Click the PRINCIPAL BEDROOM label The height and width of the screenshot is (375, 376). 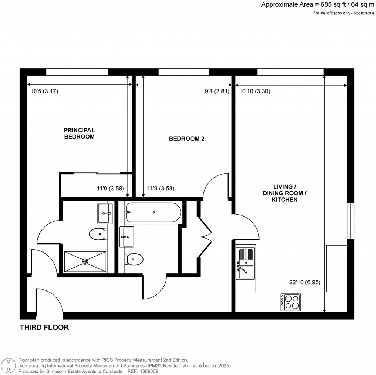click(x=79, y=133)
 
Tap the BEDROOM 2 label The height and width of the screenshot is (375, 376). click(x=186, y=139)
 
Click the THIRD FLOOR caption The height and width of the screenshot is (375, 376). click(x=44, y=327)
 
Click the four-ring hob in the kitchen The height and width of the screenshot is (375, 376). click(x=290, y=302)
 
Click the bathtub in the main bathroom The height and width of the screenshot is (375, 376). click(x=153, y=213)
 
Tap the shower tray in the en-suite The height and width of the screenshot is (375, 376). click(x=85, y=261)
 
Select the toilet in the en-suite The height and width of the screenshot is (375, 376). click(x=97, y=233)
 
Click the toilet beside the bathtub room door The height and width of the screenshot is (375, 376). click(x=134, y=260)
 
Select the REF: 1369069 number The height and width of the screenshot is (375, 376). click(x=143, y=371)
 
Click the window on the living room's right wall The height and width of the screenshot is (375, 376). click(x=351, y=221)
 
